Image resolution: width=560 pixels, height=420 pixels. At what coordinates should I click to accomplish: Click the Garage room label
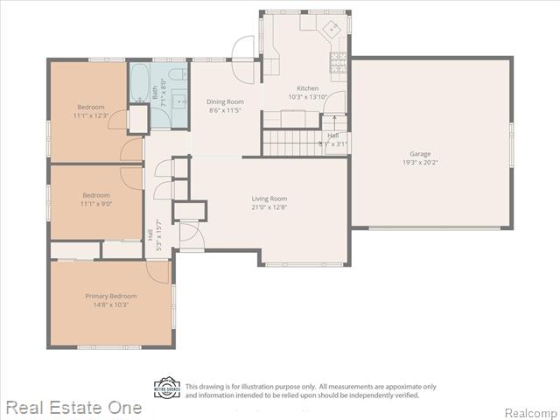(420, 154)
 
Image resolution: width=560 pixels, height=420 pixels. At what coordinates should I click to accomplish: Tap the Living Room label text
(269, 199)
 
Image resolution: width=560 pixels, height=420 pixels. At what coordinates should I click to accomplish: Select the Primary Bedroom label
(111, 297)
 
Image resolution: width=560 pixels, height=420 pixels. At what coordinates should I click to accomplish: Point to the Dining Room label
(226, 101)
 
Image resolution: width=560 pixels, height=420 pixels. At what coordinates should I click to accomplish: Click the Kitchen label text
(308, 88)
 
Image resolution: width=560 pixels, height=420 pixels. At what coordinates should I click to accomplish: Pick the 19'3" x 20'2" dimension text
(420, 163)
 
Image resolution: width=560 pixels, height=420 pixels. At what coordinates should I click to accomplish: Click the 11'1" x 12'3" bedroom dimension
(90, 115)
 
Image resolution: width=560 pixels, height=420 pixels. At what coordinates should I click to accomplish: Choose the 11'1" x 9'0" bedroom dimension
(96, 203)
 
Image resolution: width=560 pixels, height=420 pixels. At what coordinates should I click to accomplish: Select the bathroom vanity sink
(179, 95)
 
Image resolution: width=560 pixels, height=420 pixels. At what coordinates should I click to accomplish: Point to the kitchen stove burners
(337, 61)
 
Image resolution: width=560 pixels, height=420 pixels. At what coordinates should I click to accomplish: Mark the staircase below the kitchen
(293, 140)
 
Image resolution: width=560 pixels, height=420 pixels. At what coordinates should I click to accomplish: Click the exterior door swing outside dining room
(243, 48)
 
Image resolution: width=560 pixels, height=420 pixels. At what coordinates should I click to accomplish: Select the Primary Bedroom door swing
(157, 270)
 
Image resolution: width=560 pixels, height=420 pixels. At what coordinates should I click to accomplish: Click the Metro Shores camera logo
(167, 388)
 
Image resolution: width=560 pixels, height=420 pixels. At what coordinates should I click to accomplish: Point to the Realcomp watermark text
(530, 412)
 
